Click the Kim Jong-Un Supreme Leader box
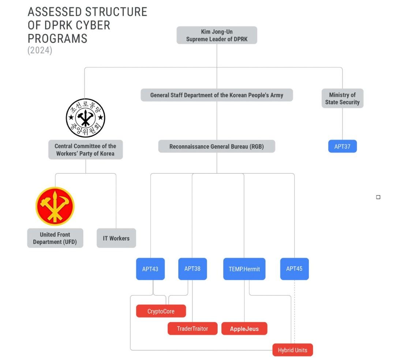click(x=217, y=35)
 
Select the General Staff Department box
click(x=217, y=95)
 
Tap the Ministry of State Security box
click(x=342, y=98)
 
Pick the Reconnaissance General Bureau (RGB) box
click(x=217, y=147)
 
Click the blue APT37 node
click(x=342, y=147)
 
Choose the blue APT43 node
click(x=150, y=269)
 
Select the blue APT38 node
click(x=192, y=269)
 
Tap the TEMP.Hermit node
click(x=244, y=269)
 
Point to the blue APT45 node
click(x=294, y=269)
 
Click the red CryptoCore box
click(x=161, y=311)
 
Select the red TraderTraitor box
click(x=192, y=329)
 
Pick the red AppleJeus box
click(x=244, y=329)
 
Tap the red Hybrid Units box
click(x=292, y=350)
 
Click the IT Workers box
click(x=116, y=238)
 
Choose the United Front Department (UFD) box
click(x=55, y=238)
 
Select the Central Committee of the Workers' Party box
click(x=85, y=150)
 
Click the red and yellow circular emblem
click(x=55, y=206)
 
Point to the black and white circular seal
click(x=85, y=118)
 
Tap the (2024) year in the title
click(x=40, y=50)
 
